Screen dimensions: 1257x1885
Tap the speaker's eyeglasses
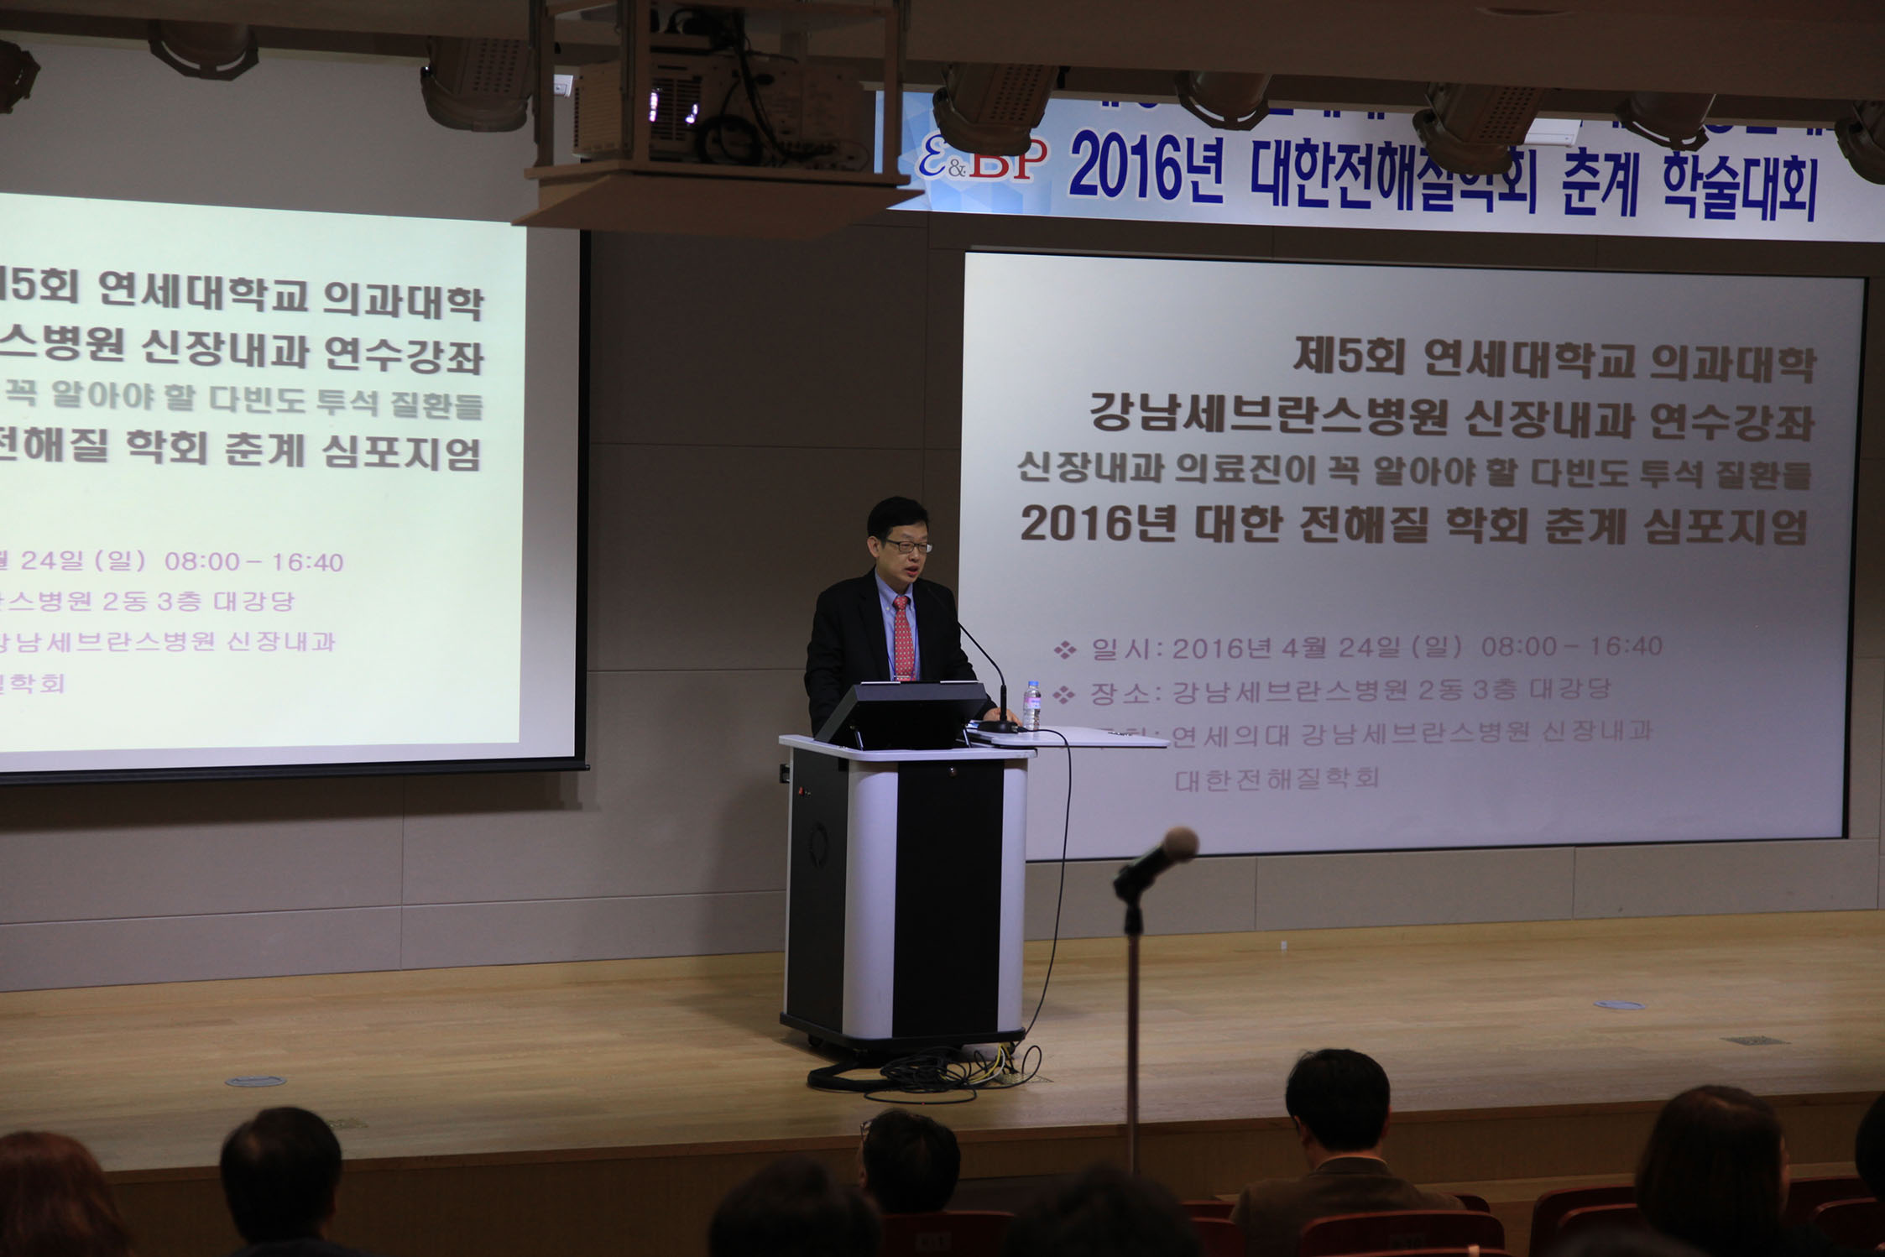pyautogui.click(x=906, y=546)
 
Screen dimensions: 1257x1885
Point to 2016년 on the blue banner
pyautogui.click(x=1146, y=169)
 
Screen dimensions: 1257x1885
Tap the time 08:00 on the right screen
pyautogui.click(x=1519, y=646)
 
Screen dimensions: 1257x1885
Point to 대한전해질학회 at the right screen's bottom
pyautogui.click(x=1277, y=780)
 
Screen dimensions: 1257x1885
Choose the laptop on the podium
pyautogui.click(x=903, y=713)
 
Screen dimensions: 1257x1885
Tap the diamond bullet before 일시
pyautogui.click(x=1064, y=649)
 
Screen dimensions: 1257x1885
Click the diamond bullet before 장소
pyautogui.click(x=1064, y=694)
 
